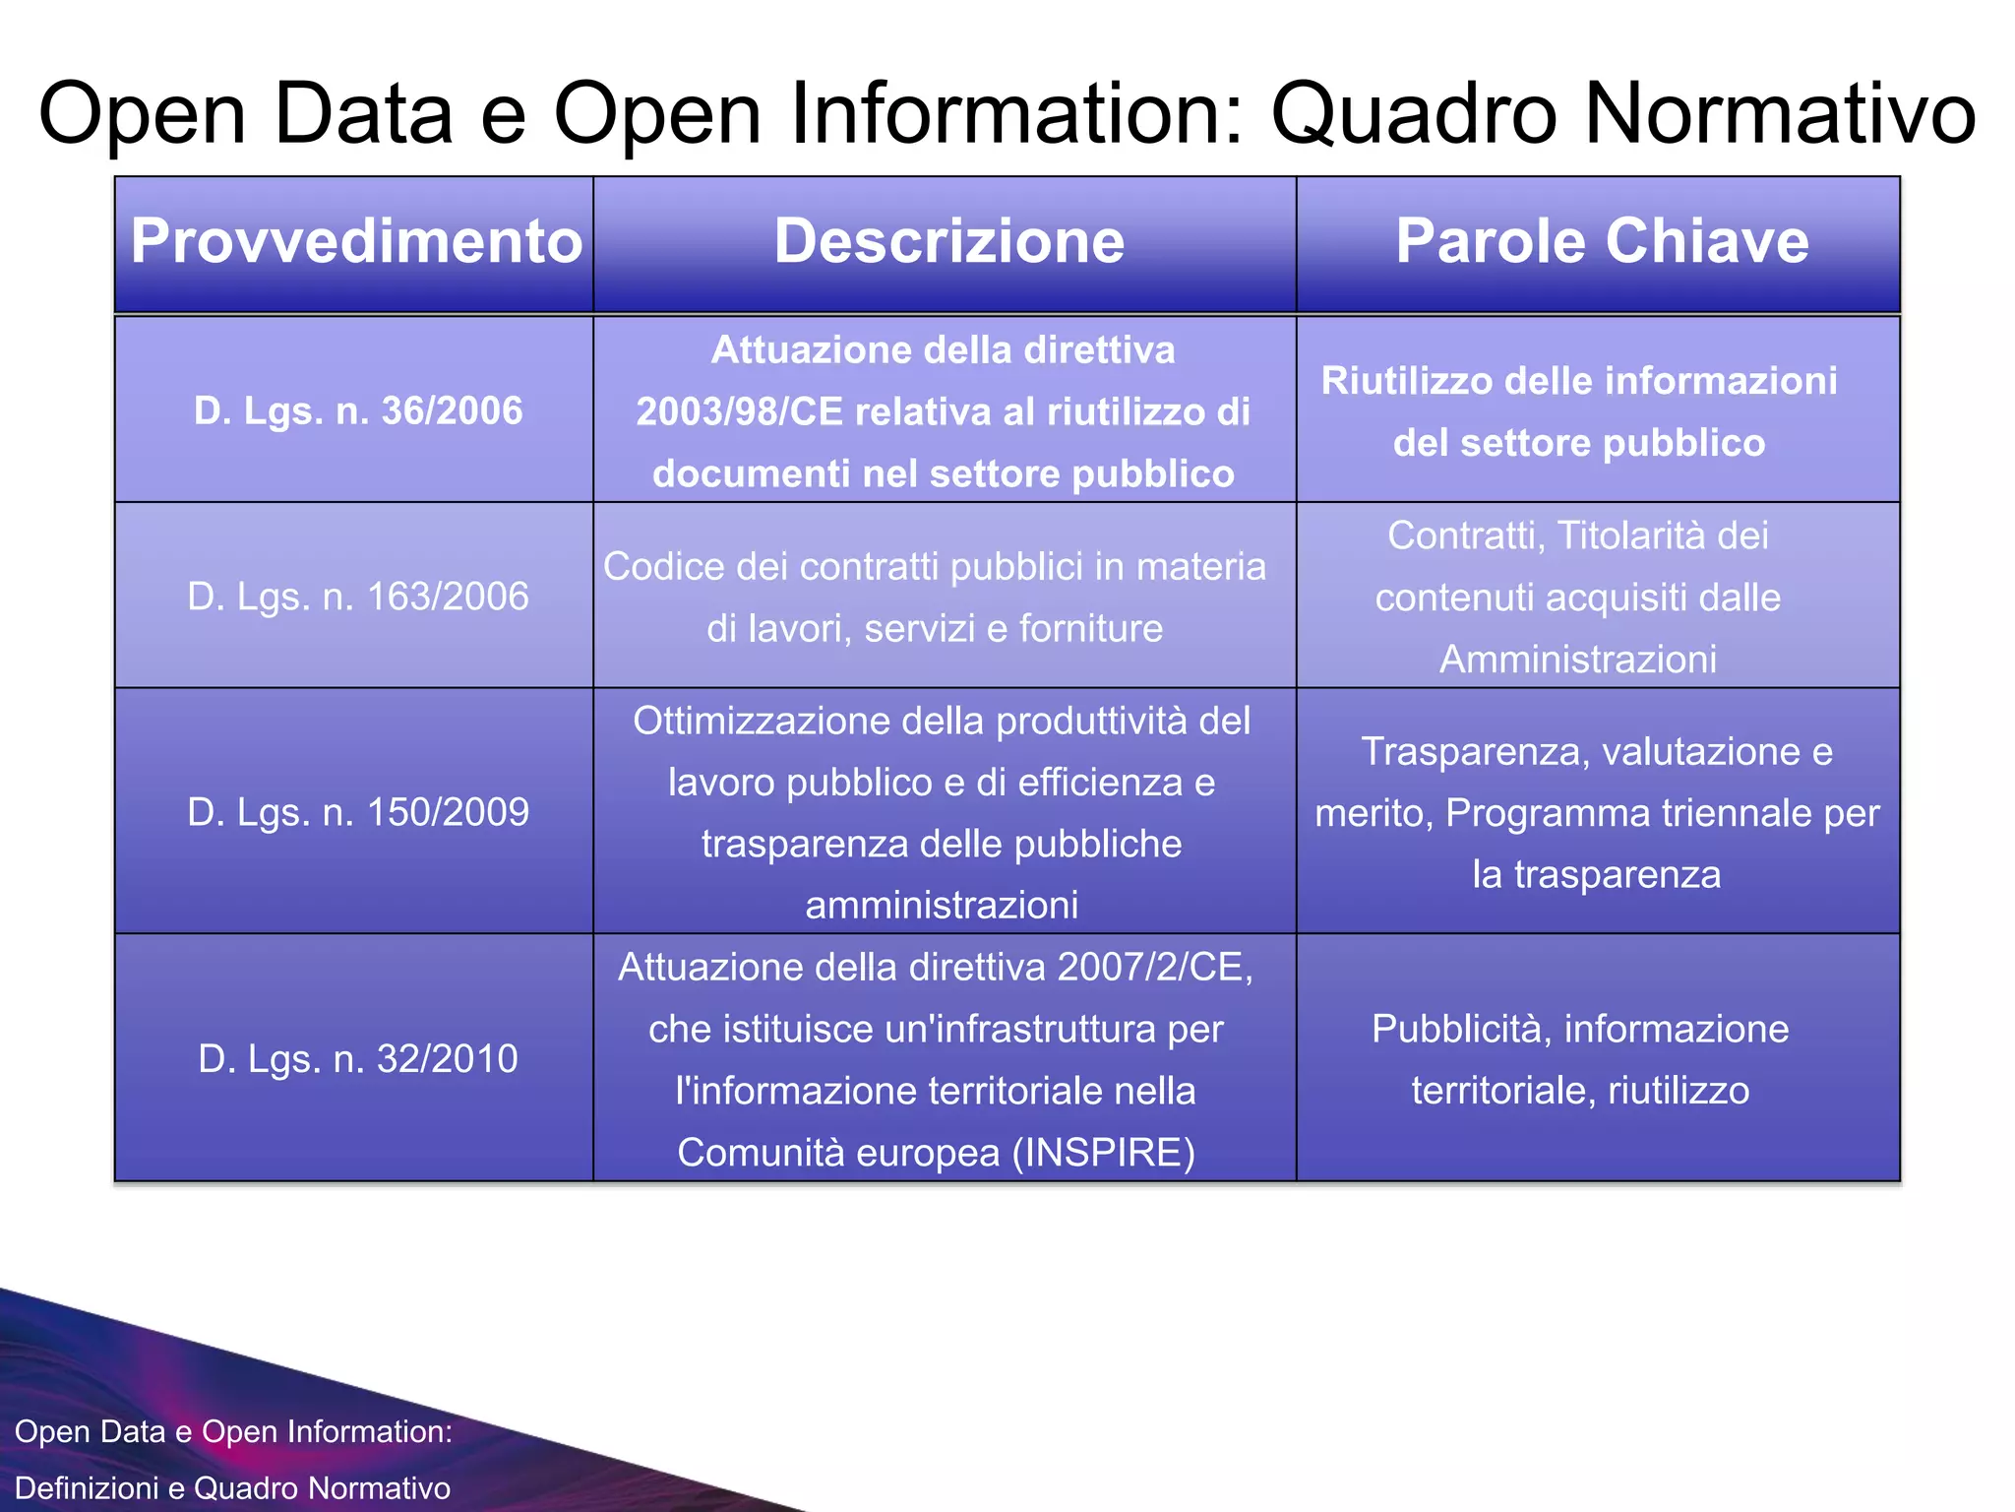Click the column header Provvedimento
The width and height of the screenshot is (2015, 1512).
[356, 241]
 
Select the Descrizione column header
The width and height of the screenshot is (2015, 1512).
[948, 241]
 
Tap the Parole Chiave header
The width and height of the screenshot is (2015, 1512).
[1602, 241]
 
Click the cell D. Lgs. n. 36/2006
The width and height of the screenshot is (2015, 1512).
[358, 410]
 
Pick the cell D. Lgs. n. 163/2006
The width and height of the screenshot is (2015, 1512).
[358, 597]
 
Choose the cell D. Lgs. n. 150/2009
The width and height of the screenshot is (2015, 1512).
[358, 812]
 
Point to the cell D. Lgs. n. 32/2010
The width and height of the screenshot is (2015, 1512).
[358, 1059]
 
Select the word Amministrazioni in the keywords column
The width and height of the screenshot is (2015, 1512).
[1578, 660]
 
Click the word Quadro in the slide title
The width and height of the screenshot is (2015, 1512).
[1415, 114]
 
